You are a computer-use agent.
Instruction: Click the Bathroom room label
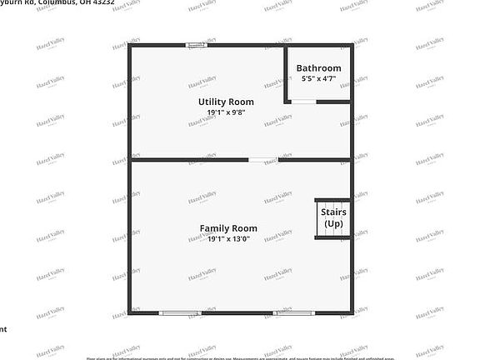(318, 68)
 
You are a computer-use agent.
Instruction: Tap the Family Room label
(227, 227)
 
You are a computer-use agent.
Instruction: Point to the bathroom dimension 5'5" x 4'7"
(318, 79)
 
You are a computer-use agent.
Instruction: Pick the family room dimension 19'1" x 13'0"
(227, 238)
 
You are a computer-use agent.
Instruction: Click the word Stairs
(333, 212)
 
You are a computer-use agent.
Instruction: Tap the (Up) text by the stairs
(333, 223)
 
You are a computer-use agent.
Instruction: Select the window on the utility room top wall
(197, 45)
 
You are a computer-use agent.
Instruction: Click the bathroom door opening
(303, 102)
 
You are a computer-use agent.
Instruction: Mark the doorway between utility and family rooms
(262, 159)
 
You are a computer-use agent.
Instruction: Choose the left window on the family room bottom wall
(179, 312)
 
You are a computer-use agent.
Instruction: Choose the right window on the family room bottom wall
(293, 312)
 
